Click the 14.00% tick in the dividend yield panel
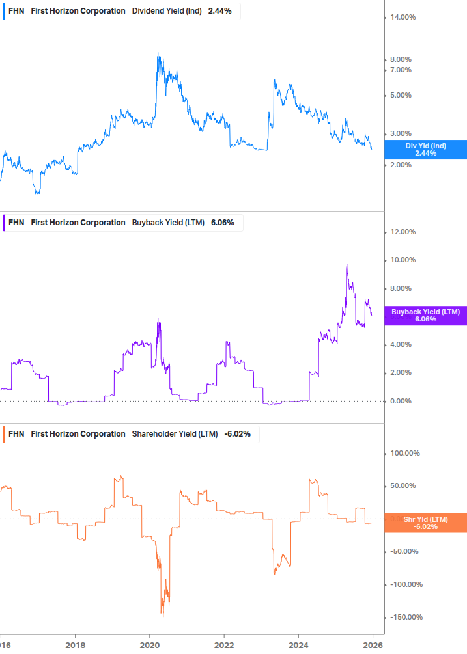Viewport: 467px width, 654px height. point(402,17)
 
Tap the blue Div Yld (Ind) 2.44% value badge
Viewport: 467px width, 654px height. point(425,150)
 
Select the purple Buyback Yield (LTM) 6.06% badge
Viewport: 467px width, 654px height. point(425,316)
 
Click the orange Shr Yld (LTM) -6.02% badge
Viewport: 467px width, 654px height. point(425,523)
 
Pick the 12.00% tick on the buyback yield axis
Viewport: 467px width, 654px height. point(402,232)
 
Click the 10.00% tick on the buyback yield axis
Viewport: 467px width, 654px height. point(402,260)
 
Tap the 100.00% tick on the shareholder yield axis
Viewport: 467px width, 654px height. point(403,453)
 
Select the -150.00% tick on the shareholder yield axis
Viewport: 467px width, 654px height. point(403,617)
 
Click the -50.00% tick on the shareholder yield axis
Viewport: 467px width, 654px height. point(403,551)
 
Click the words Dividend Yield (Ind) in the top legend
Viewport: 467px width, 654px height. point(167,11)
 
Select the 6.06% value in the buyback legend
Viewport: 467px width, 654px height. point(222,223)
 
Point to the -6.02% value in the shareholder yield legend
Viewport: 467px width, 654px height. point(238,434)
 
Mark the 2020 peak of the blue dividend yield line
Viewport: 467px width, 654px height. point(158,53)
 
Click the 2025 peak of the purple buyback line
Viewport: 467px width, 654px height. point(347,264)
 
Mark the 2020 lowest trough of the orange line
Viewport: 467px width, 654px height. point(163,616)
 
